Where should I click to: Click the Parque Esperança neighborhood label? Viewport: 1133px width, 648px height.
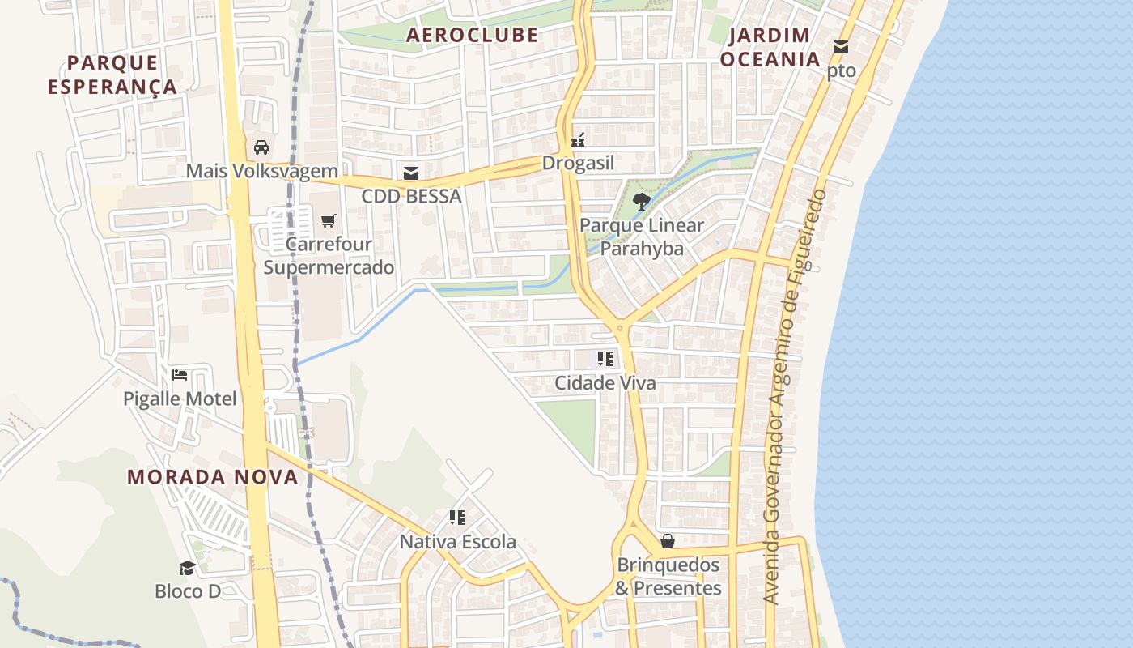point(112,75)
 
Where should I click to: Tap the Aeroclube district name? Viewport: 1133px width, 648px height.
point(472,35)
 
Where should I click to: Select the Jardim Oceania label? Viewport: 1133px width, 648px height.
point(770,47)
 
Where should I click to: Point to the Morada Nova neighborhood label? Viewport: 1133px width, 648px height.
point(213,476)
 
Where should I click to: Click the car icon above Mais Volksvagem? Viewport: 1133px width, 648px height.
point(261,147)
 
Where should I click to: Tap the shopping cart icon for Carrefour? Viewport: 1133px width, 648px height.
point(328,220)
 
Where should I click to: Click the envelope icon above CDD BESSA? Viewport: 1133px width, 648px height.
point(411,173)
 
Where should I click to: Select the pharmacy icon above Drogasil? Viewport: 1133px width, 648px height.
point(578,140)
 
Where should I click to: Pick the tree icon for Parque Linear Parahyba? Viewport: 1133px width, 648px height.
point(642,201)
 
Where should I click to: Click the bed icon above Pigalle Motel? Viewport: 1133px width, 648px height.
point(180,375)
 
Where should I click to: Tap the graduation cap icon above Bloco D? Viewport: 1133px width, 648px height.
point(187,568)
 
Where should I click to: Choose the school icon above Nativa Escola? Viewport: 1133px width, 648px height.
point(457,518)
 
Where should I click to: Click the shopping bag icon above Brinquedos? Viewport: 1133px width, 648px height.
point(668,541)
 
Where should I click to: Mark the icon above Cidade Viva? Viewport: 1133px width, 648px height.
point(605,359)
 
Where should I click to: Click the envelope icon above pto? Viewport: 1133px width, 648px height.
point(841,48)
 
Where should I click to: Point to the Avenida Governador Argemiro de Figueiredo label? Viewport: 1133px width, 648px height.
point(796,397)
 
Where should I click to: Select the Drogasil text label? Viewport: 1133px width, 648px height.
point(578,163)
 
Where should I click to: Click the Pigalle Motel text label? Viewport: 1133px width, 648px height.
point(180,399)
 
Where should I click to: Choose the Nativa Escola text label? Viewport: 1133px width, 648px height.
point(457,541)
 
